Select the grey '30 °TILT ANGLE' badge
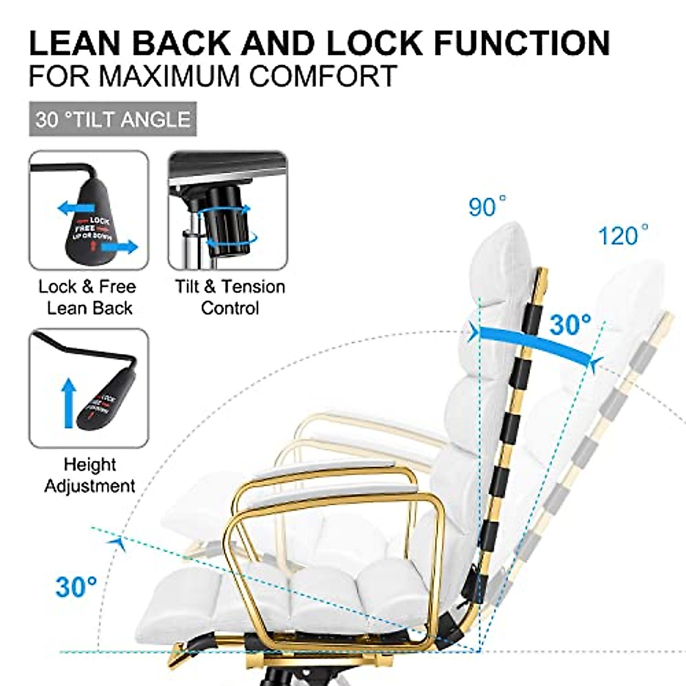(x=113, y=119)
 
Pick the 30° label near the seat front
(x=76, y=587)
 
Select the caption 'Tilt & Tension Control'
(x=230, y=297)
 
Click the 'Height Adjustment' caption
(x=90, y=475)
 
